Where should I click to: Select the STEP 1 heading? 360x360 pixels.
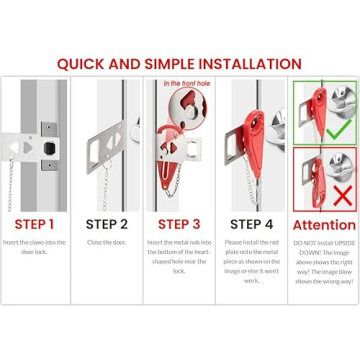coord(34,224)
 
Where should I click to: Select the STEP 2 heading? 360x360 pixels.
coord(106,224)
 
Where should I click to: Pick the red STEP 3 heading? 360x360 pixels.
coord(179,224)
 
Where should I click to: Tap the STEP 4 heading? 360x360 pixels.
coord(251,224)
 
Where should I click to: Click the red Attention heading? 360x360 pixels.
coord(323,225)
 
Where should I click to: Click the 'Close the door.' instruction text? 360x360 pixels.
coord(106,243)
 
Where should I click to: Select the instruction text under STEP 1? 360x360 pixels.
coord(34,247)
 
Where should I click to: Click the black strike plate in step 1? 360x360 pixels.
coord(47,145)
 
